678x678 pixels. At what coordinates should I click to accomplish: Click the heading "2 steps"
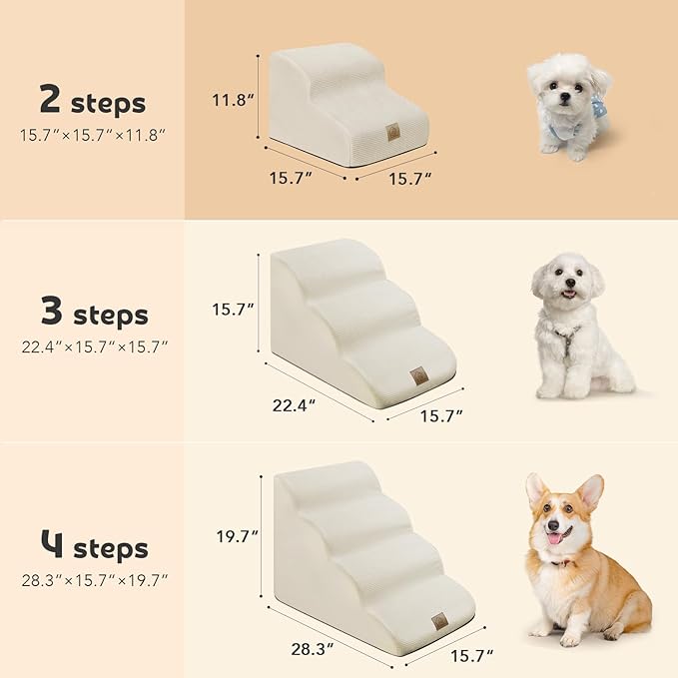coord(92,102)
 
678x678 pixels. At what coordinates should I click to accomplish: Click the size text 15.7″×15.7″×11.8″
coord(92,133)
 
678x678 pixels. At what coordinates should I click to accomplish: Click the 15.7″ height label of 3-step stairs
coord(234,311)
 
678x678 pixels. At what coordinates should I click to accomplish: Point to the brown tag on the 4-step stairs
coord(439,621)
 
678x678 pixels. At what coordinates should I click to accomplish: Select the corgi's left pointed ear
coord(536,488)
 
